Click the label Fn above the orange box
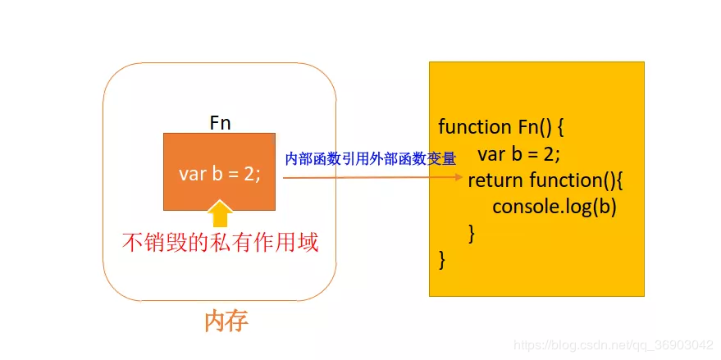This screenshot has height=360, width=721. click(220, 122)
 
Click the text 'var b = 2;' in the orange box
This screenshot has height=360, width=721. click(219, 174)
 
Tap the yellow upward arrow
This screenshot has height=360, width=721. click(219, 212)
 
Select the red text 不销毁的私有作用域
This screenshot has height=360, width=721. click(220, 243)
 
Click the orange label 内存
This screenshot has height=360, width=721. click(226, 321)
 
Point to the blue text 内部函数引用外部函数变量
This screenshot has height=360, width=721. click(370, 158)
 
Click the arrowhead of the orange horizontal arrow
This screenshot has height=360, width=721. click(459, 175)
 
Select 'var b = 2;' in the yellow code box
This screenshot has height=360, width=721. click(518, 154)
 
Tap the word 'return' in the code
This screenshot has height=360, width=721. click(495, 180)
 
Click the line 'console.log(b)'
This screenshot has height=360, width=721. click(554, 207)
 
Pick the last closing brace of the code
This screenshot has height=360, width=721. click(443, 260)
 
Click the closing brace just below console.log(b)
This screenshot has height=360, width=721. click(471, 233)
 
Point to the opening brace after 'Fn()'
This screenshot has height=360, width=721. click(561, 127)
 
